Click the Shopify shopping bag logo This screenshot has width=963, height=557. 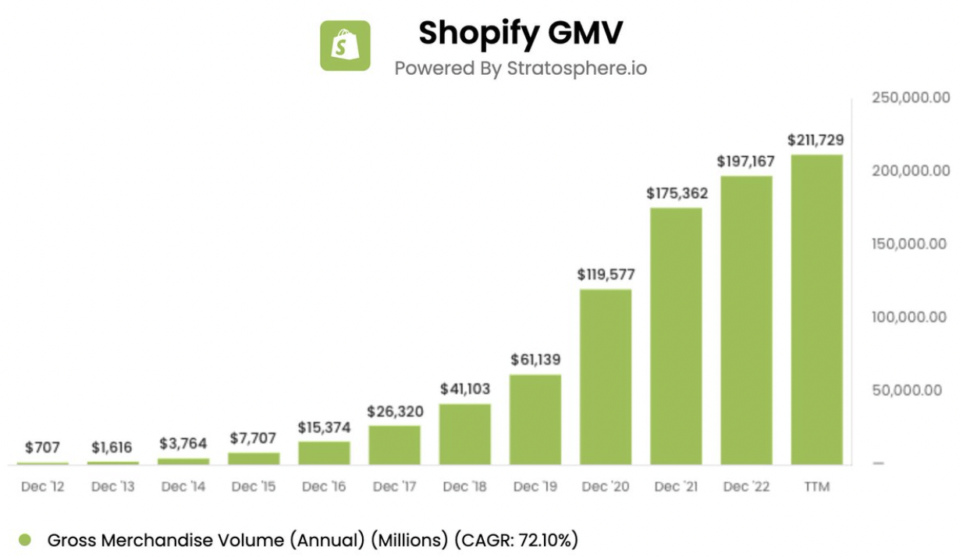click(x=345, y=45)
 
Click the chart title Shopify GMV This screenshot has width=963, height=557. click(x=521, y=34)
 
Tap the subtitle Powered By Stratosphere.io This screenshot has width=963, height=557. click(x=521, y=68)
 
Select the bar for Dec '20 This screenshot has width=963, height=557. click(x=606, y=377)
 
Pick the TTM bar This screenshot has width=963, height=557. click(x=816, y=310)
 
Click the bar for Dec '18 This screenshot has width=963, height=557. click(x=465, y=434)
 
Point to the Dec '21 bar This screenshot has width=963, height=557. click(x=676, y=336)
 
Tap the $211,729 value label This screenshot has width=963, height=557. click(x=816, y=140)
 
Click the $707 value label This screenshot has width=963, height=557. click(x=42, y=448)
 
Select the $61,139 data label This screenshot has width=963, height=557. click(x=535, y=360)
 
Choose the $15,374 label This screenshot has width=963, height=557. click(x=324, y=428)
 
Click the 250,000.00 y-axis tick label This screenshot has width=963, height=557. click(x=910, y=98)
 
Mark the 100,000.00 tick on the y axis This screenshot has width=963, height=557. click(x=910, y=317)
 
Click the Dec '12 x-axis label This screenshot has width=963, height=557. click(x=42, y=487)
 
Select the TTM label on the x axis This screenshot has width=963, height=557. click(x=816, y=487)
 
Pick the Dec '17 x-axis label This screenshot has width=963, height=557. click(x=394, y=487)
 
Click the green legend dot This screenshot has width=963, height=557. click(x=25, y=540)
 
